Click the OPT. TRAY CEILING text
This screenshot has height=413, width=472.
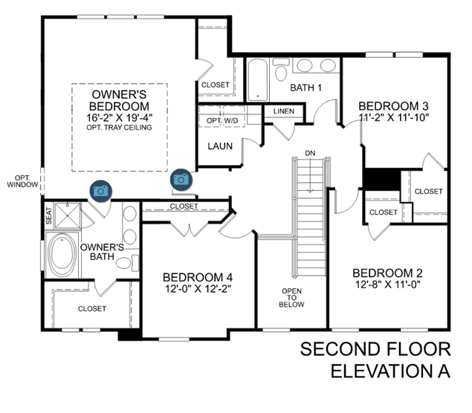coord(119,128)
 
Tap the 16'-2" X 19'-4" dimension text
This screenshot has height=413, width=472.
coord(119,117)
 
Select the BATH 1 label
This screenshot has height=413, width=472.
coord(305,88)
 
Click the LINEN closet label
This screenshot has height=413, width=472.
coord(284,111)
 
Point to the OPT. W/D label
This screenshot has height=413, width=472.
coord(222,121)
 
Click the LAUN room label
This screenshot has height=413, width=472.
coord(220,146)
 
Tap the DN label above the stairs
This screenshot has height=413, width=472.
coord(310,153)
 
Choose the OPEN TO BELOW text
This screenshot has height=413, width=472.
coord(291,298)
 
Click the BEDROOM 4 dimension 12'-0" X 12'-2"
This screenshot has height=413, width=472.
coord(198,289)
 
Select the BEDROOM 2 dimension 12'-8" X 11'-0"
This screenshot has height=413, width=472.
coord(388,284)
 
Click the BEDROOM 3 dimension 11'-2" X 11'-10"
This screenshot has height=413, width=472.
coord(394,117)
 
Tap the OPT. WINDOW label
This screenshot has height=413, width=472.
coord(22,181)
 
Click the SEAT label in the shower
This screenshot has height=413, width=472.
coord(49,215)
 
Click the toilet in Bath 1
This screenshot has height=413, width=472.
coord(280,70)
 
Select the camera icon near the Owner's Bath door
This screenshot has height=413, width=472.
coord(101,191)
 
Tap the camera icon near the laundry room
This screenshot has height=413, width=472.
coord(181,180)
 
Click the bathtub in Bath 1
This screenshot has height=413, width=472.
coord(258,79)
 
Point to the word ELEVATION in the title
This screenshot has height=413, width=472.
coord(382,371)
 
